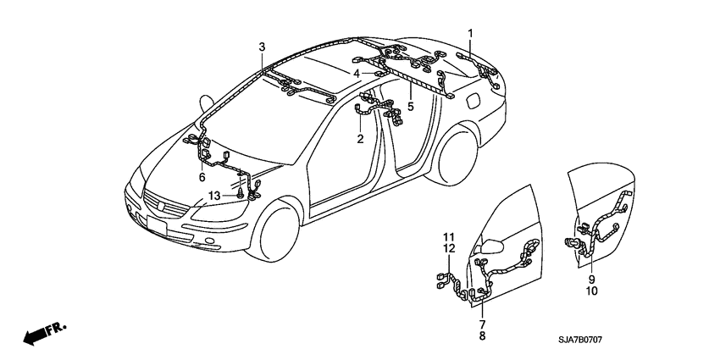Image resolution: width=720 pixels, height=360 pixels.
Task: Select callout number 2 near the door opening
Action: pyautogui.click(x=360, y=139)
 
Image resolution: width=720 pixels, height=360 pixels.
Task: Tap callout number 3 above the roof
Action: pyautogui.click(x=262, y=46)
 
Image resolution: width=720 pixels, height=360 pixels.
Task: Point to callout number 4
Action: pyautogui.click(x=357, y=74)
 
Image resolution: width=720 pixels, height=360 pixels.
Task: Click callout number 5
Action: pyautogui.click(x=410, y=107)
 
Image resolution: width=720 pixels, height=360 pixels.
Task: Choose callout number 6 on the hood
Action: pyautogui.click(x=202, y=177)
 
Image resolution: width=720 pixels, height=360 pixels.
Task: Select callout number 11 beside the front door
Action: pyautogui.click(x=450, y=235)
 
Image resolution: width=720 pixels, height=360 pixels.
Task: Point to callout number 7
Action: pyautogui.click(x=482, y=324)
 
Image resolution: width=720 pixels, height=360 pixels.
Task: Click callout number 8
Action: pyautogui.click(x=482, y=335)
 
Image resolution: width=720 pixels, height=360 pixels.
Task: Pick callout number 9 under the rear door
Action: pyautogui.click(x=592, y=279)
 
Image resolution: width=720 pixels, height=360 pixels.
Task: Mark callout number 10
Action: pyautogui.click(x=592, y=291)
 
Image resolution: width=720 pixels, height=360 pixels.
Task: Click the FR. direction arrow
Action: pyautogui.click(x=43, y=334)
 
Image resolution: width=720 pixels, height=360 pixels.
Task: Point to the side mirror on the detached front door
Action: pyautogui.click(x=491, y=246)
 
